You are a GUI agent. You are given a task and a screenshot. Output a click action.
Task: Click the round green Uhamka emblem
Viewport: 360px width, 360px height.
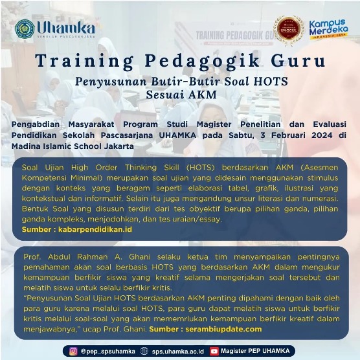click(x=25, y=29)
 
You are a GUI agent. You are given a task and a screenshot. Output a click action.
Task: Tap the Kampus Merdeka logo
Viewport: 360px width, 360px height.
click(x=328, y=29)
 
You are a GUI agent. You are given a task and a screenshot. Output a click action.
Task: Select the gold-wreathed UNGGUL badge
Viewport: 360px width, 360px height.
click(x=289, y=29)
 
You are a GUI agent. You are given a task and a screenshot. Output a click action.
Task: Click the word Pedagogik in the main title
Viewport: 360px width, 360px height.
click(x=202, y=62)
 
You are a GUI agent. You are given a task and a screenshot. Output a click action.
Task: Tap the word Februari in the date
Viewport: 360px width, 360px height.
click(x=288, y=135)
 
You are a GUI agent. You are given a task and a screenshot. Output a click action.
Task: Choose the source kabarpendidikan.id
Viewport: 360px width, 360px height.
click(x=95, y=229)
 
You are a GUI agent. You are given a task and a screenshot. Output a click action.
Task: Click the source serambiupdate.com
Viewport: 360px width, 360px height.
click(x=223, y=329)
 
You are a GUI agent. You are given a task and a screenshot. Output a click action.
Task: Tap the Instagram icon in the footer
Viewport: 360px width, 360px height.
click(x=73, y=351)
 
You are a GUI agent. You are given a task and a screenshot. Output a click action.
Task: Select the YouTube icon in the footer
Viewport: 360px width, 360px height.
click(x=214, y=351)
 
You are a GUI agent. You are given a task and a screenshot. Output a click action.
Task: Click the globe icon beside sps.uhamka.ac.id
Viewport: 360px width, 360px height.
click(x=144, y=351)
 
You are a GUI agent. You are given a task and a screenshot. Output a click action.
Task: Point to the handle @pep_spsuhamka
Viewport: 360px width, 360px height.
click(x=107, y=352)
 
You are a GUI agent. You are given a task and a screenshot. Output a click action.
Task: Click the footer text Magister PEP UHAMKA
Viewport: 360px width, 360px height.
click(x=255, y=351)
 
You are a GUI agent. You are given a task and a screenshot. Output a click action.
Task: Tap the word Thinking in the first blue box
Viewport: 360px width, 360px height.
click(x=141, y=167)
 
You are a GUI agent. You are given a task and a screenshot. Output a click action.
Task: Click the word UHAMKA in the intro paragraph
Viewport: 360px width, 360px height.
click(x=177, y=135)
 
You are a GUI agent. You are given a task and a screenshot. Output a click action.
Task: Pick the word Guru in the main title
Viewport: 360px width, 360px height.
click(x=298, y=61)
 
